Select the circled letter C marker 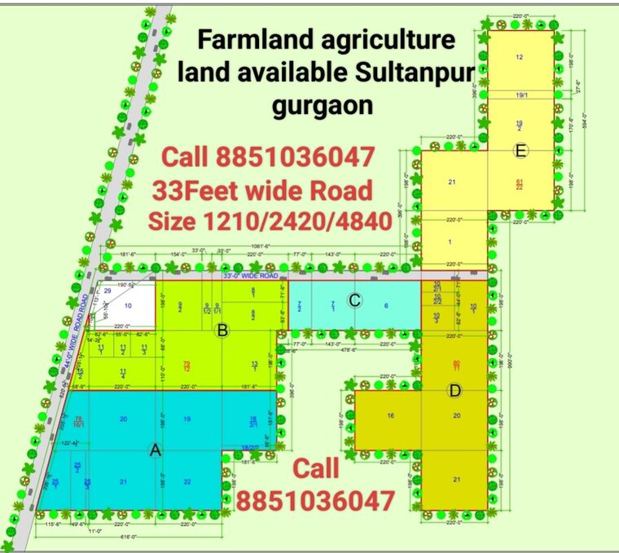(x=353, y=300)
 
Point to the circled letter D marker (x=454, y=392)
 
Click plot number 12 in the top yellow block (x=519, y=56)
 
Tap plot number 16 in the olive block (x=390, y=416)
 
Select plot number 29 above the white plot (x=108, y=291)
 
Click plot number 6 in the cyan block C (x=386, y=305)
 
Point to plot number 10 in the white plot (x=128, y=305)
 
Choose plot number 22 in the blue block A (x=187, y=481)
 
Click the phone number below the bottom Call (x=316, y=500)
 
